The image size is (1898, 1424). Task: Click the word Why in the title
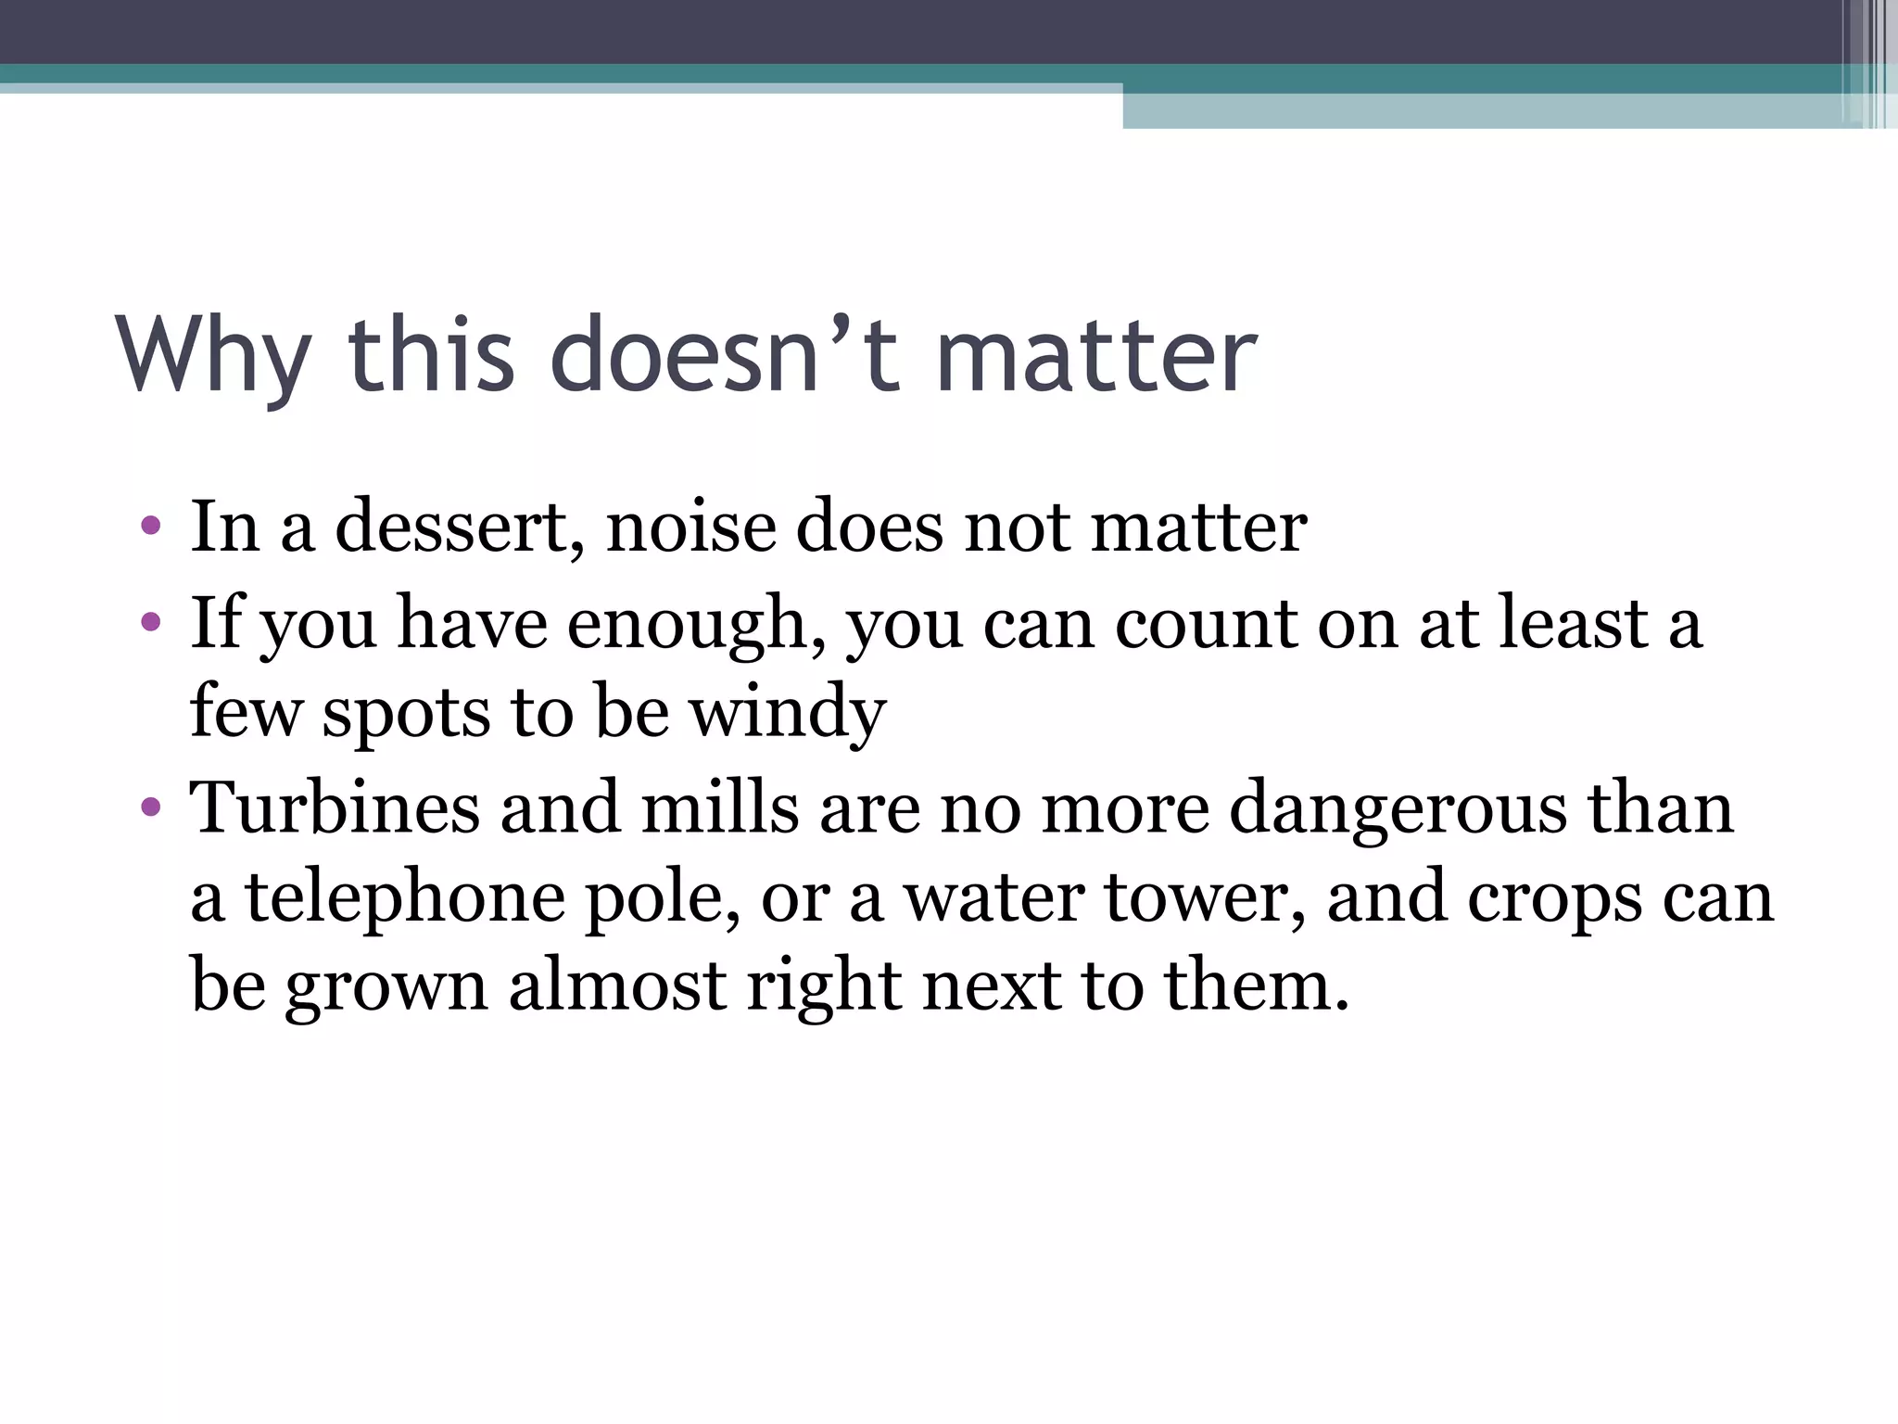click(x=213, y=356)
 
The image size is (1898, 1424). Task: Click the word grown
click(x=386, y=986)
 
